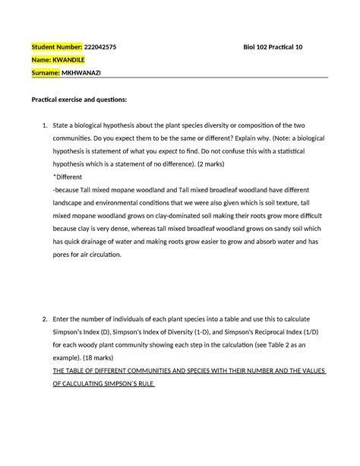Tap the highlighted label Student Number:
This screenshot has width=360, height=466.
click(x=57, y=46)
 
